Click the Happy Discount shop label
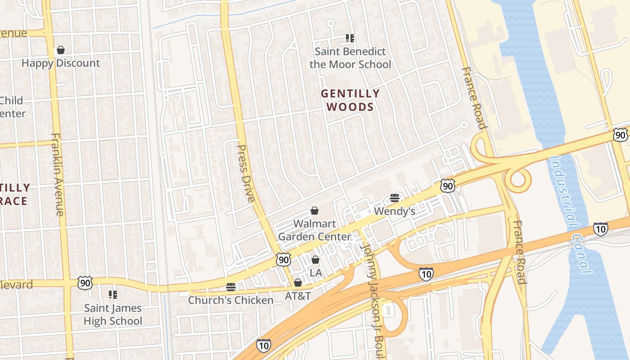(61, 63)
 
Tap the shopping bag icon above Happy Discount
(61, 50)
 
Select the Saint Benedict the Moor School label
(350, 58)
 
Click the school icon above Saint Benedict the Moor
(350, 38)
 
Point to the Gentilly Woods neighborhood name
(350, 100)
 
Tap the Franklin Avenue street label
(58, 174)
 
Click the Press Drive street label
(246, 173)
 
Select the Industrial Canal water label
(570, 214)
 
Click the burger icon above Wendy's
(395, 198)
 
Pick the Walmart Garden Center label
(315, 230)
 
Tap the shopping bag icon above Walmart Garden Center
(315, 211)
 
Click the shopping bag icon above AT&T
(297, 283)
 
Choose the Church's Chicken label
(230, 300)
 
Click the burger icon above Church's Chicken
(231, 287)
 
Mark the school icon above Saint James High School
(113, 295)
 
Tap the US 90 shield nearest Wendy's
(447, 185)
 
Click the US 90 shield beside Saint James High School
(85, 283)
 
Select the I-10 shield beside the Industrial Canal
(600, 229)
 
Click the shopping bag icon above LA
(315, 260)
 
